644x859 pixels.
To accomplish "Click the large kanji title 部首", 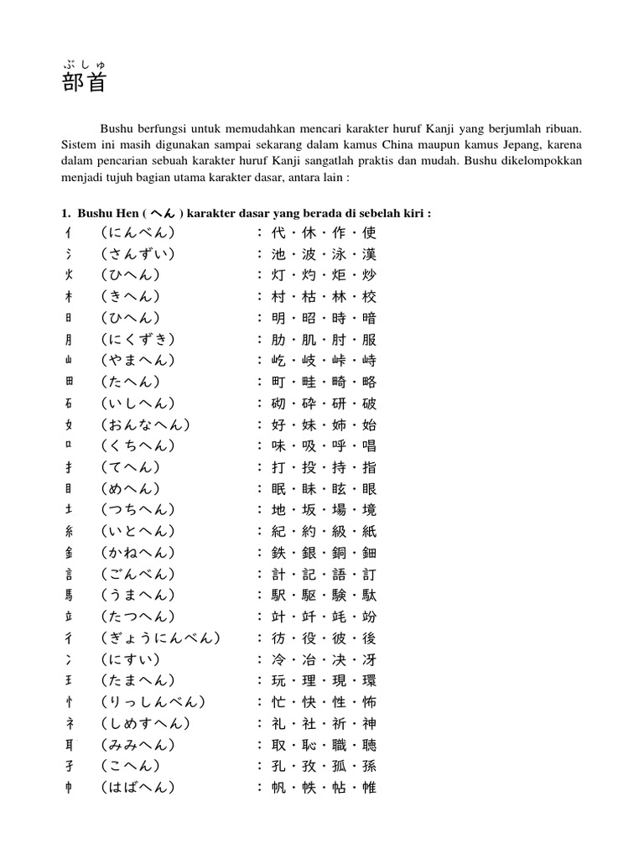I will pyautogui.click(x=85, y=83).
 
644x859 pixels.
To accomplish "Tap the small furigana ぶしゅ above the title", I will pyautogui.click(x=84, y=64).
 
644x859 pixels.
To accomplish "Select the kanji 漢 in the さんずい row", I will pyautogui.click(x=370, y=253).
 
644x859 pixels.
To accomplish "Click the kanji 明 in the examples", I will pyautogui.click(x=278, y=317).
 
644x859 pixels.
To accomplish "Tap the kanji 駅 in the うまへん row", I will pyautogui.click(x=278, y=595).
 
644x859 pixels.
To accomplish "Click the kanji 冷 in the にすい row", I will pyautogui.click(x=278, y=659).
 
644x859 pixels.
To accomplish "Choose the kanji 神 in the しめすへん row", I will pyautogui.click(x=370, y=723).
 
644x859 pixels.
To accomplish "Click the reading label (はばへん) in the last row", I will pyautogui.click(x=138, y=787).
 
